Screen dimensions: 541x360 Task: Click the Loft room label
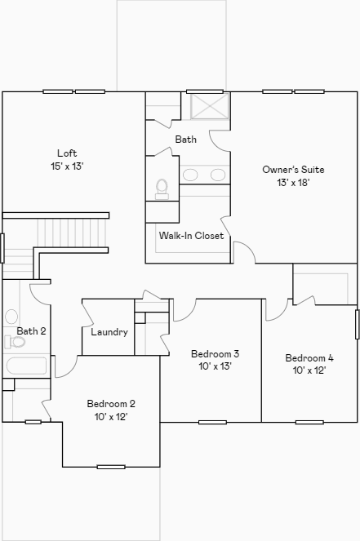coord(66,153)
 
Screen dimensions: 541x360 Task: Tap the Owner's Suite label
coord(293,170)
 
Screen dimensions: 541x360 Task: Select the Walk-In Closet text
coord(191,236)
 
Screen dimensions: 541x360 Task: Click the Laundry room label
coord(109,332)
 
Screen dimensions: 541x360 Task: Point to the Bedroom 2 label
coord(111,404)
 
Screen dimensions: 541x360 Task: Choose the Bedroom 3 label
coord(215,354)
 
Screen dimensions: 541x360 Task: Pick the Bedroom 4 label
coord(309,358)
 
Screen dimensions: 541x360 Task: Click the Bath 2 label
coord(31,331)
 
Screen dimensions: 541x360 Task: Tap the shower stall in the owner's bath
coord(209,107)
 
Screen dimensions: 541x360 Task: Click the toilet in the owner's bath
coord(162,189)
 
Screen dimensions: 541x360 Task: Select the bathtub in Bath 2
coord(26,366)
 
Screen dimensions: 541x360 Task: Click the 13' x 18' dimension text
coord(293,183)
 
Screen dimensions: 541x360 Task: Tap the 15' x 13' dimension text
coord(66,166)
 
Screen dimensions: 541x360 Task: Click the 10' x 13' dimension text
coord(215,366)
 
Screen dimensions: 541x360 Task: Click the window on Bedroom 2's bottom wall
coord(111,467)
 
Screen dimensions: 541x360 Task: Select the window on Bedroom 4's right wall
coord(357,324)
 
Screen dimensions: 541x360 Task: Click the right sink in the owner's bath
coord(218,175)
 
